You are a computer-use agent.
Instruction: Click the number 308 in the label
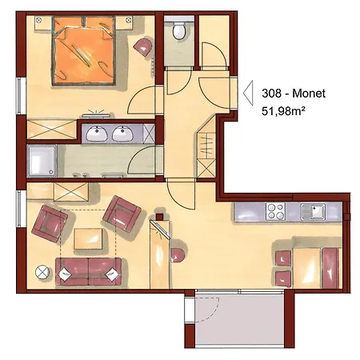pyautogui.click(x=273, y=94)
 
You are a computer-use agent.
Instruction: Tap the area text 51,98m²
pyautogui.click(x=287, y=113)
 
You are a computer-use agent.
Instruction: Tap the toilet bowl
pyautogui.click(x=179, y=32)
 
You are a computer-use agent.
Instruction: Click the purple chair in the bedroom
pyautogui.click(x=145, y=46)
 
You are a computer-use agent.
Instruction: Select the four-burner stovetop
pyautogui.click(x=277, y=212)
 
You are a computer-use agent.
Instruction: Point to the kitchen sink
pyautogui.click(x=313, y=212)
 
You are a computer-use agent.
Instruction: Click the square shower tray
pyautogui.click(x=42, y=161)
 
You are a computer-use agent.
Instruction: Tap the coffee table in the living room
pyautogui.click(x=89, y=238)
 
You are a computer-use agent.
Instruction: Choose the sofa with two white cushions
pyautogui.click(x=89, y=270)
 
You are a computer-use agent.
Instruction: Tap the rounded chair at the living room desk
pyautogui.click(x=178, y=256)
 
